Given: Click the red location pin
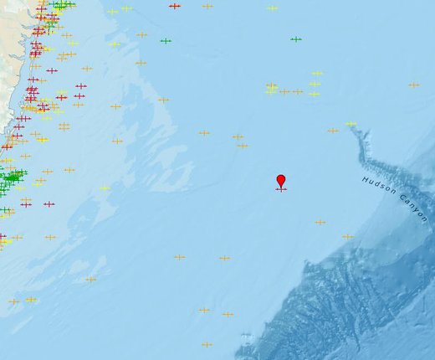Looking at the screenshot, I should pyautogui.click(x=281, y=181).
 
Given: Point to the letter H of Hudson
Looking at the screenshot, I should pyautogui.click(x=365, y=180).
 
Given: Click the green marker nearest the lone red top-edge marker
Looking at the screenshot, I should pyautogui.click(x=166, y=40).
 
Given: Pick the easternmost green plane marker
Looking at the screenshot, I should pyautogui.click(x=295, y=39).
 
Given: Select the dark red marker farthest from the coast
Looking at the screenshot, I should pyautogui.click(x=174, y=6).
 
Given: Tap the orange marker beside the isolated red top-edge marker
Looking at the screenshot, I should pyautogui.click(x=207, y=6).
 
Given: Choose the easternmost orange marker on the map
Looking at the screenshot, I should pyautogui.click(x=413, y=85).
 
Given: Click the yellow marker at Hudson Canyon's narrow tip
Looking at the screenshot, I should pyautogui.click(x=351, y=124).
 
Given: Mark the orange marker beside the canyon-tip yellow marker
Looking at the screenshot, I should pyautogui.click(x=333, y=130).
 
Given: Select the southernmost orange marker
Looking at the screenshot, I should pyautogui.click(x=207, y=344).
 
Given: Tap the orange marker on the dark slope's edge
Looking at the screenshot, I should pyautogui.click(x=347, y=236).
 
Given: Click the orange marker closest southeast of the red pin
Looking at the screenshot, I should pyautogui.click(x=320, y=222).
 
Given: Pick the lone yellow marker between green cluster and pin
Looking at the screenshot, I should pyautogui.click(x=105, y=188).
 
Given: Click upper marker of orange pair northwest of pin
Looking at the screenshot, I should pyautogui.click(x=238, y=136).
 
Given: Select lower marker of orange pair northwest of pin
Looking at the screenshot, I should pyautogui.click(x=243, y=146).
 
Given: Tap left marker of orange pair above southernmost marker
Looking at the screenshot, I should pyautogui.click(x=203, y=310).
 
